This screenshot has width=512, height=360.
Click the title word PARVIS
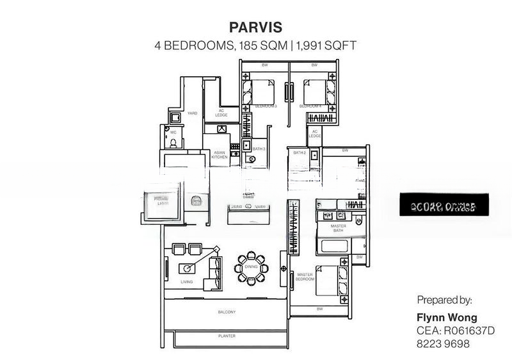click(255, 28)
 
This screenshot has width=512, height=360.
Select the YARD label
click(192, 113)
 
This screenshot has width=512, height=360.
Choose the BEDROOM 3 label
click(265, 106)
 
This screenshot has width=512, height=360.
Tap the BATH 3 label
click(259, 149)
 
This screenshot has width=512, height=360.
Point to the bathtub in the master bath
click(333, 246)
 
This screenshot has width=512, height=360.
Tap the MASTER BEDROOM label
click(305, 277)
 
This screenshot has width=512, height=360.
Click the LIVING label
click(186, 281)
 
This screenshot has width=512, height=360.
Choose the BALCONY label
click(227, 312)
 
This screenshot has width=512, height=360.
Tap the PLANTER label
click(227, 336)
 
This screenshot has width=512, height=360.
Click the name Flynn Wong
click(447, 318)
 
